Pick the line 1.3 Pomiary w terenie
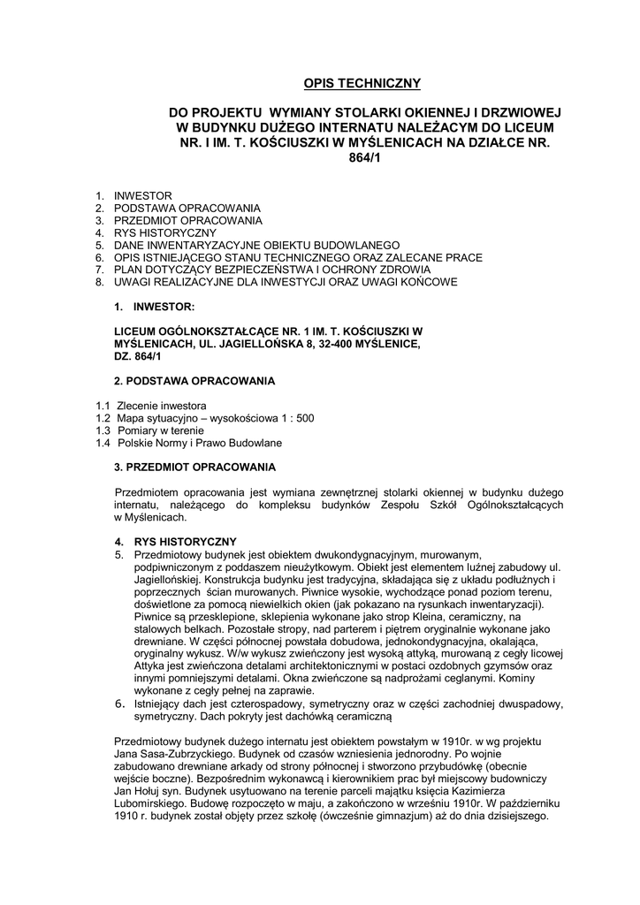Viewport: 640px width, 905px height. pyautogui.click(x=143, y=430)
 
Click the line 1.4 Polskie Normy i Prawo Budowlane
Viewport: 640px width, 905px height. pyautogui.click(x=189, y=442)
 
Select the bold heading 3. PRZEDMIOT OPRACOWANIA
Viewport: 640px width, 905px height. pyautogui.click(x=195, y=466)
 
